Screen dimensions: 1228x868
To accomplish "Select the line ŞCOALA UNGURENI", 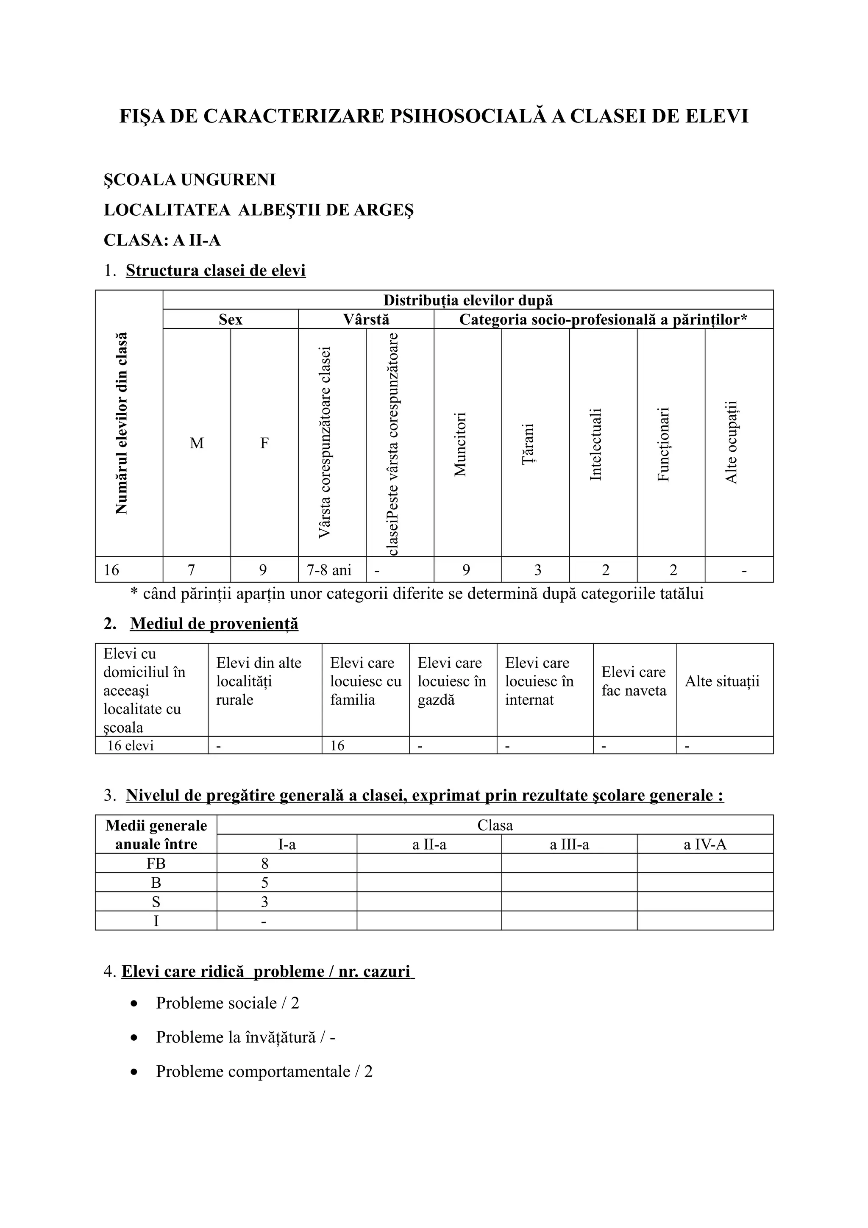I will (x=189, y=180).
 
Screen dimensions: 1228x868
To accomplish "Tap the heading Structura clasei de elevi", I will (x=216, y=271).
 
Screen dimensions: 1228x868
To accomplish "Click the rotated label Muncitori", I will (x=460, y=444).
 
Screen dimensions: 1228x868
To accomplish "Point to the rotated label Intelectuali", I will (x=596, y=444).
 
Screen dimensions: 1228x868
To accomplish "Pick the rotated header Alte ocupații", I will (x=731, y=442).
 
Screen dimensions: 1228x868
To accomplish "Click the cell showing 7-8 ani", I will (x=329, y=570).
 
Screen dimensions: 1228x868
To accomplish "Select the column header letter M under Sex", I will (x=196, y=443).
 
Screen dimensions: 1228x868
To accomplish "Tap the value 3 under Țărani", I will (x=537, y=570).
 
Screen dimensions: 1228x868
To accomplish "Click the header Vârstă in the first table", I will (x=366, y=320).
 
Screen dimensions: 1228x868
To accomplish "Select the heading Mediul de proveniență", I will (x=214, y=624).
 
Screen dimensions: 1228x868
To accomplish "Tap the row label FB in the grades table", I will (x=156, y=864).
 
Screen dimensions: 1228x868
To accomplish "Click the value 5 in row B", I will (x=264, y=883).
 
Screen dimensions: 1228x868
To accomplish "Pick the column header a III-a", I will (x=569, y=845).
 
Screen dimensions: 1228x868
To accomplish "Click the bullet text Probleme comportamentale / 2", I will (x=264, y=1072).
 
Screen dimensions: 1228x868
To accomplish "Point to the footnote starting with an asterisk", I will (x=417, y=594).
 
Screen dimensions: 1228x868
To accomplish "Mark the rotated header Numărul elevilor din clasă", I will (x=122, y=424).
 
